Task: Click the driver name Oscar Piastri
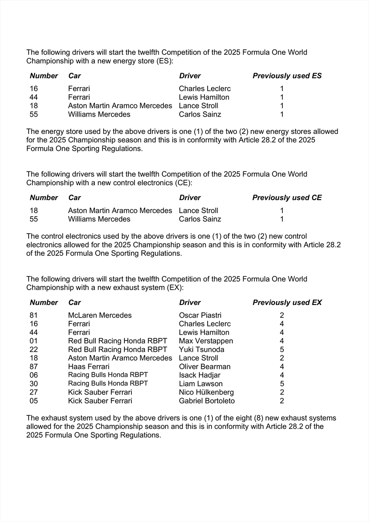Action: tap(200, 315)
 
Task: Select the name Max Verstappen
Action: tap(206, 341)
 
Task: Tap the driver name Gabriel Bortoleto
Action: tap(207, 401)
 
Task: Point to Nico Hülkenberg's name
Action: tap(206, 392)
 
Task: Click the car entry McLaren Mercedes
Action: tap(100, 315)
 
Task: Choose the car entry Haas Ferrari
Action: tap(89, 367)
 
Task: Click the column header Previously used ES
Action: tap(287, 76)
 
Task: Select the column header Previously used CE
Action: tap(287, 198)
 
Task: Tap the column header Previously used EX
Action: tap(287, 302)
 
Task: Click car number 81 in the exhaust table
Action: tap(34, 315)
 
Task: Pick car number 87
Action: tap(34, 367)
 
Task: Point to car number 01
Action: tap(34, 341)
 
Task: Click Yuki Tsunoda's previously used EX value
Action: tap(282, 350)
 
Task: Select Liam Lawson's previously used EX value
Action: tap(282, 384)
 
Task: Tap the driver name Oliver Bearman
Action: tap(205, 367)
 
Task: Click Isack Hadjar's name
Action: tap(200, 375)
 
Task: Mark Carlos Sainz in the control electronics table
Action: tap(200, 219)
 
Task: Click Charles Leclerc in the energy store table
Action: tap(205, 89)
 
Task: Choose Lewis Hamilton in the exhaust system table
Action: tap(204, 332)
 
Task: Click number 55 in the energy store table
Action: tap(34, 114)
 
